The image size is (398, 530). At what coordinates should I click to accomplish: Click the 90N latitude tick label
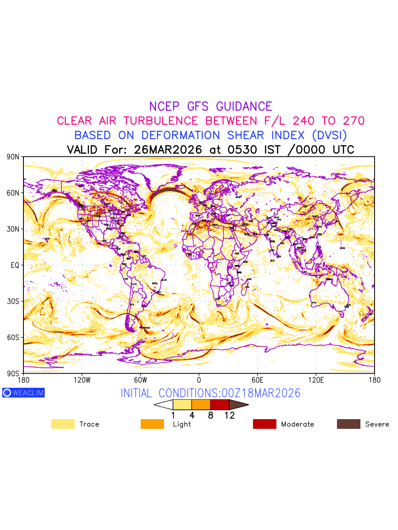[13, 157]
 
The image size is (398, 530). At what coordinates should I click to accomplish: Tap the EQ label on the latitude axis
[15, 265]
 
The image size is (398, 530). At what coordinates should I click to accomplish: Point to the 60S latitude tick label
[13, 337]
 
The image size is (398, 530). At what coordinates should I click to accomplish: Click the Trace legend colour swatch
[63, 424]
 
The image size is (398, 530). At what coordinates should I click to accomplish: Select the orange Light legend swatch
[152, 424]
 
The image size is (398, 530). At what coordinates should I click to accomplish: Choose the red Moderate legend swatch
[264, 424]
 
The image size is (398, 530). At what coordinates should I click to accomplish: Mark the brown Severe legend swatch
[348, 424]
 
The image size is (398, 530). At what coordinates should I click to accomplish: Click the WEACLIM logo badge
[23, 393]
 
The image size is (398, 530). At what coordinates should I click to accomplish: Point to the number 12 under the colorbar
[229, 415]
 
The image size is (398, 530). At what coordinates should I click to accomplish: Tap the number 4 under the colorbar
[192, 415]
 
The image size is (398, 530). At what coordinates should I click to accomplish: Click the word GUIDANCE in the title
[244, 106]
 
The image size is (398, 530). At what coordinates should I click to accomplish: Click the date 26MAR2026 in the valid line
[168, 150]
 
